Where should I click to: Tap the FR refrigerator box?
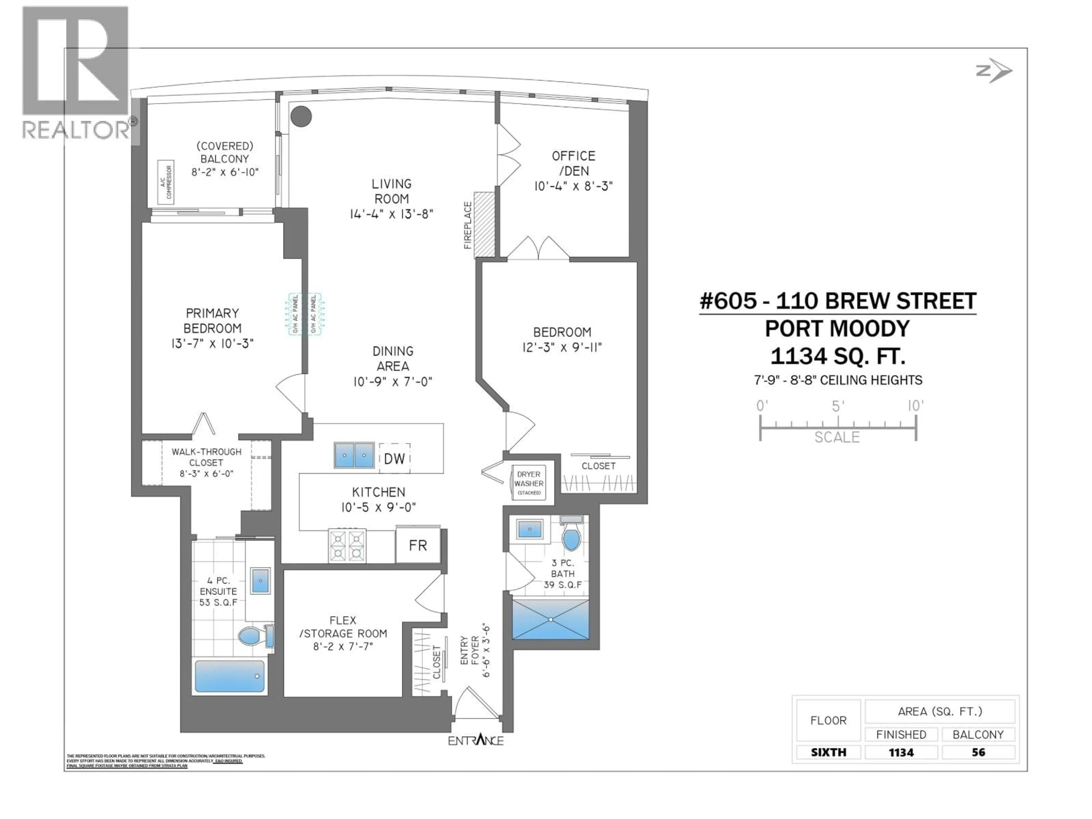[x=418, y=545]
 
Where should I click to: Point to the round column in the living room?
[x=301, y=117]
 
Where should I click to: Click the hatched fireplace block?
[x=484, y=225]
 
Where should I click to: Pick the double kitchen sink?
[x=354, y=455]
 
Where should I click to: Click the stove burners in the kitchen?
[x=347, y=545]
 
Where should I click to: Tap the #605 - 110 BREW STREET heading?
[x=838, y=301]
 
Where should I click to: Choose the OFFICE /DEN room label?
[x=573, y=164]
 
